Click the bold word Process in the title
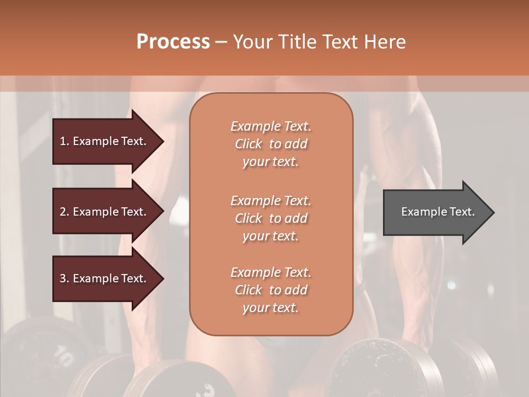pyautogui.click(x=173, y=42)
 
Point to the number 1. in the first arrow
pyautogui.click(x=64, y=141)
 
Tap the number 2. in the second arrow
pyautogui.click(x=64, y=212)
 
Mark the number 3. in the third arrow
pyautogui.click(x=64, y=278)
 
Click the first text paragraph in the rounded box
pyautogui.click(x=271, y=144)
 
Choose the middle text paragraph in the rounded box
pyautogui.click(x=271, y=218)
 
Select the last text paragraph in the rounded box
pyautogui.click(x=271, y=290)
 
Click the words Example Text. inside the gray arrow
pyautogui.click(x=438, y=212)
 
